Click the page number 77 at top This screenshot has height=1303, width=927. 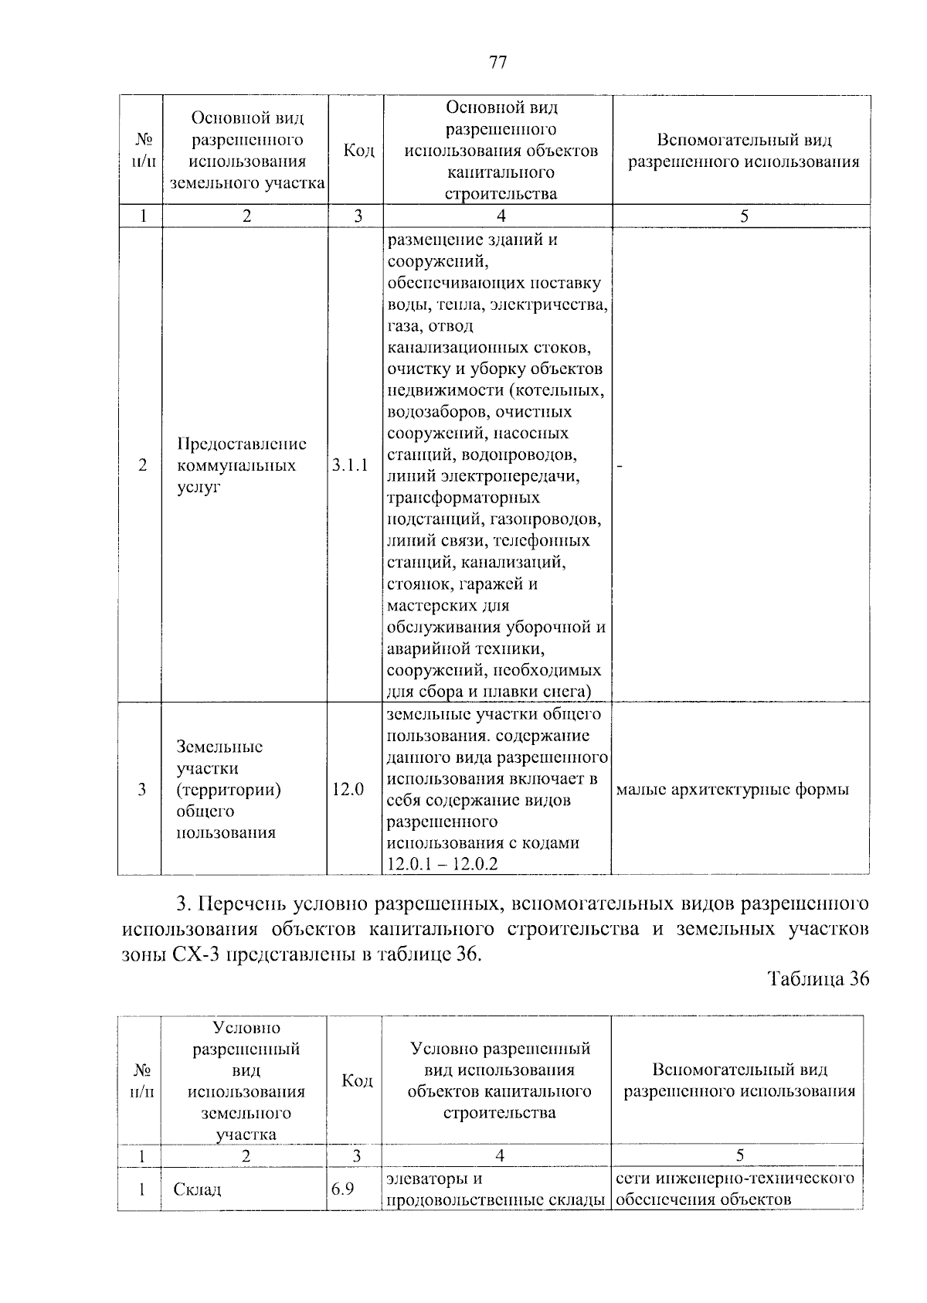(x=497, y=63)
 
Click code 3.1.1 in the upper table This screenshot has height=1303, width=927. (x=350, y=465)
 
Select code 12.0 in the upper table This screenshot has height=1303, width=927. (x=348, y=790)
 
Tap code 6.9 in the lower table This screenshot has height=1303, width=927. (x=342, y=1189)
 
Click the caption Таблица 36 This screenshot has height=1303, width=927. (x=819, y=979)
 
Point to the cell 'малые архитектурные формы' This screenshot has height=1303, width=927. (x=732, y=790)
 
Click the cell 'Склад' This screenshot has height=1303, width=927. (x=198, y=1189)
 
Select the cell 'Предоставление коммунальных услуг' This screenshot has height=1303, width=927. (x=241, y=465)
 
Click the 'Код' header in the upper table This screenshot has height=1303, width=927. (x=358, y=151)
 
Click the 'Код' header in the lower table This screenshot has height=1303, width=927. (x=357, y=1080)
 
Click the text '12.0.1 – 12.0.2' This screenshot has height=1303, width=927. (x=443, y=864)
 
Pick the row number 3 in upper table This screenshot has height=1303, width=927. (x=141, y=790)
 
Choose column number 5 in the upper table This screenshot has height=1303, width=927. (x=743, y=216)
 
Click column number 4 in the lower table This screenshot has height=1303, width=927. (x=500, y=1155)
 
